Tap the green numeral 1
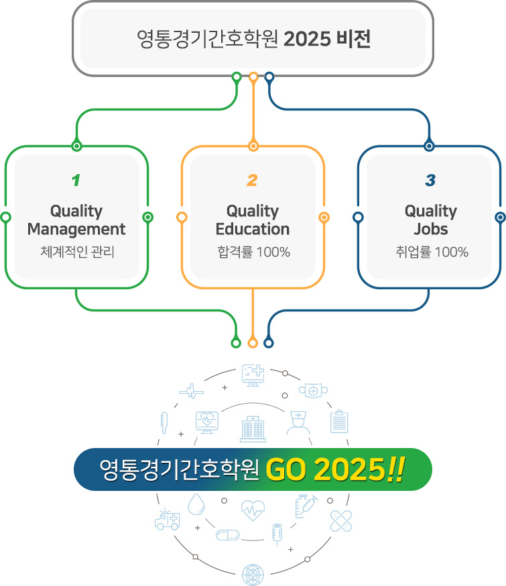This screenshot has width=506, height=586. pyautogui.click(x=76, y=180)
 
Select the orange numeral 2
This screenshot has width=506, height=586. pyautogui.click(x=252, y=180)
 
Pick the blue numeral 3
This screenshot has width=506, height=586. pyautogui.click(x=430, y=180)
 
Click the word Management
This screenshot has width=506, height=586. pyautogui.click(x=76, y=229)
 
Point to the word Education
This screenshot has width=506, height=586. pyautogui.click(x=253, y=229)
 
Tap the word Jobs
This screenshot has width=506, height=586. pyautogui.click(x=430, y=229)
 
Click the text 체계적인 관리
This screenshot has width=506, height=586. pyautogui.click(x=76, y=252)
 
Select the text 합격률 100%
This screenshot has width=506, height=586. pyautogui.click(x=253, y=252)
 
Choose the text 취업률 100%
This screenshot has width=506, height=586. pyautogui.click(x=430, y=252)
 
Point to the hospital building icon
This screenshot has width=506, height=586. pyautogui.click(x=253, y=428)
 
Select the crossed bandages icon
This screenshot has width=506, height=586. pyautogui.click(x=341, y=520)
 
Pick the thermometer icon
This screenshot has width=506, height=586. pyautogui.click(x=164, y=423)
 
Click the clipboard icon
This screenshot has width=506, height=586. pyautogui.click(x=339, y=421)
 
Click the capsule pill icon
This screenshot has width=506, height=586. pyautogui.click(x=227, y=534)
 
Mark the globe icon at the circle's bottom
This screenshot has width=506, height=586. pyautogui.click(x=253, y=575)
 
